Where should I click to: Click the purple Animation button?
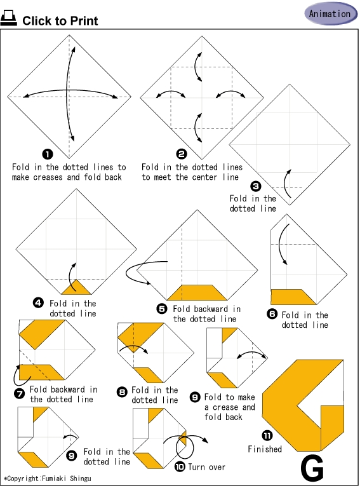pyautogui.click(x=331, y=13)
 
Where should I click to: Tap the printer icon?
pyautogui.click(x=8, y=18)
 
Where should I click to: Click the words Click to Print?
pyautogui.click(x=60, y=21)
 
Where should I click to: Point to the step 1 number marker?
pyautogui.click(x=48, y=154)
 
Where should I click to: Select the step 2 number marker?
pyautogui.click(x=182, y=154)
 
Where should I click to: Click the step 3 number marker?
pyautogui.click(x=256, y=186)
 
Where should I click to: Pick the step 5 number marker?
pyautogui.click(x=162, y=308)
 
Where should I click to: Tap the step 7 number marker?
pyautogui.click(x=20, y=394)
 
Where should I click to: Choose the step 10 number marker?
pyautogui.click(x=180, y=466)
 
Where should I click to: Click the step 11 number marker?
pyautogui.click(x=267, y=436)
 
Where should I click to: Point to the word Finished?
pyautogui.click(x=265, y=449)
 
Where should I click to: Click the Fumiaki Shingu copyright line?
pyautogui.click(x=48, y=478)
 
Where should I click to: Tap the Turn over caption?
pyautogui.click(x=206, y=467)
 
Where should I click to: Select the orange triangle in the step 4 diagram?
pyautogui.click(x=76, y=288)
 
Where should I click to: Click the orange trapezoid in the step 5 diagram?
pyautogui.click(x=197, y=292)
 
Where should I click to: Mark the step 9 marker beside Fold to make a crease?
pyautogui.click(x=195, y=397)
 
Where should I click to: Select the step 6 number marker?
pyautogui.click(x=272, y=314)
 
